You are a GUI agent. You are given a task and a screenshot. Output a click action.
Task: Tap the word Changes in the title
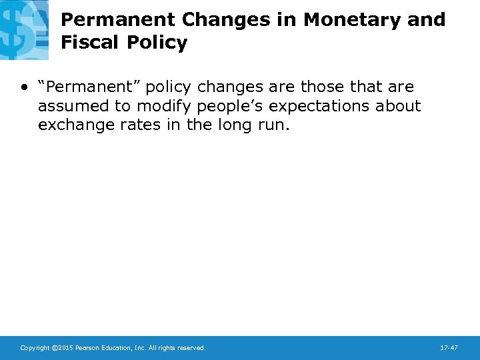pos(223,20)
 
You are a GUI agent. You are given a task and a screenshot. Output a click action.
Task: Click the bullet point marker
pos(24,87)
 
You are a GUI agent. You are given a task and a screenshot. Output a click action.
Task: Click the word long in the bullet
pos(232,125)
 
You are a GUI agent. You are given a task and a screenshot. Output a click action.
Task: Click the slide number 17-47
pos(449,348)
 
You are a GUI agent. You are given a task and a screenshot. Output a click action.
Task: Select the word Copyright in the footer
pos(35,348)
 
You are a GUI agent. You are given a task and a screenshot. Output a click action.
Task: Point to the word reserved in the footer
pos(191,348)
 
